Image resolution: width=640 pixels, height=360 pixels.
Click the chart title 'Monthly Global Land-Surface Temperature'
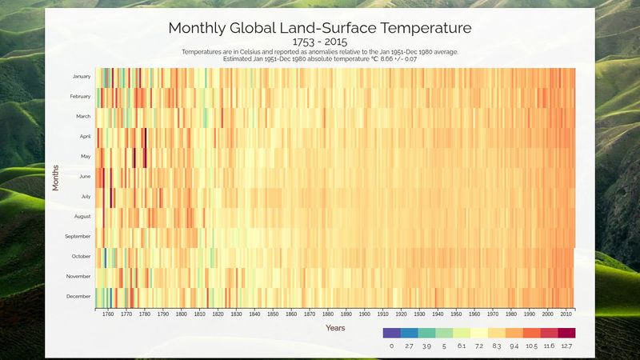pos(320,27)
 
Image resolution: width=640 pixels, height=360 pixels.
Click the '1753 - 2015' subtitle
pos(320,42)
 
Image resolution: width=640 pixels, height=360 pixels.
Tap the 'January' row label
pos(82,77)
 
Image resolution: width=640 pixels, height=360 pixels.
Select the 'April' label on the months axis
pos(85,137)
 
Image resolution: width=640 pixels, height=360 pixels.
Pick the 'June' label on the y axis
pos(85,177)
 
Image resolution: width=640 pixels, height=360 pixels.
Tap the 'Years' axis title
pos(335,328)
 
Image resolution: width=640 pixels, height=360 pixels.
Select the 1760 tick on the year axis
pos(108,314)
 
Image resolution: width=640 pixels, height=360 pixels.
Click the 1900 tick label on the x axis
pos(365,314)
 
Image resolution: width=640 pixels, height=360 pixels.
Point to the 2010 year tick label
pos(566,314)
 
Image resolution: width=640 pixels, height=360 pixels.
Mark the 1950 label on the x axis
pos(456,314)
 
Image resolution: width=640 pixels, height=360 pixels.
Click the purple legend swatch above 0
pos(391,333)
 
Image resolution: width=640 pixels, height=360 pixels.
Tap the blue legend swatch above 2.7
pos(410,333)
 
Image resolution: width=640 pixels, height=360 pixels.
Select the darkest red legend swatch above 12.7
pos(566,333)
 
